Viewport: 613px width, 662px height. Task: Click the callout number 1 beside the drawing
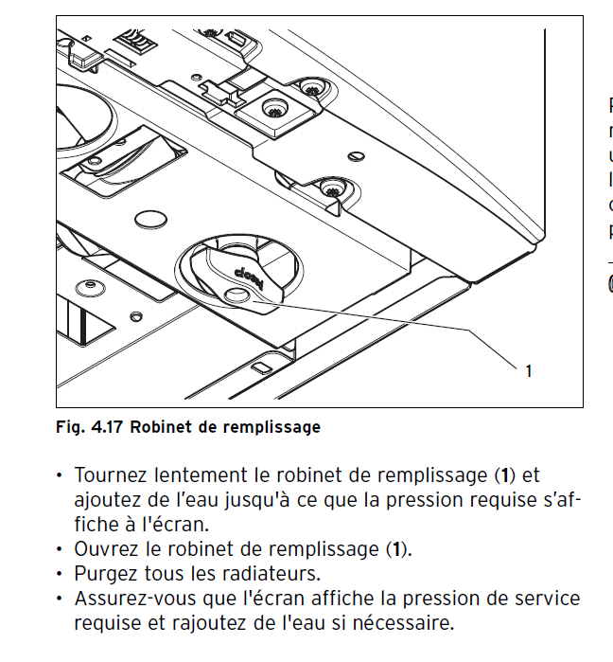[528, 371]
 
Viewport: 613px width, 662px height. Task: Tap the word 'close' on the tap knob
[249, 276]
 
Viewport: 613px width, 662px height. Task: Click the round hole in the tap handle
[236, 295]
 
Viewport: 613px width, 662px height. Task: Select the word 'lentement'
[194, 474]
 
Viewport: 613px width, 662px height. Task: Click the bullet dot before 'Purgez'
[61, 574]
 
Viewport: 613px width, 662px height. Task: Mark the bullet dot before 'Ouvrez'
[61, 549]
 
